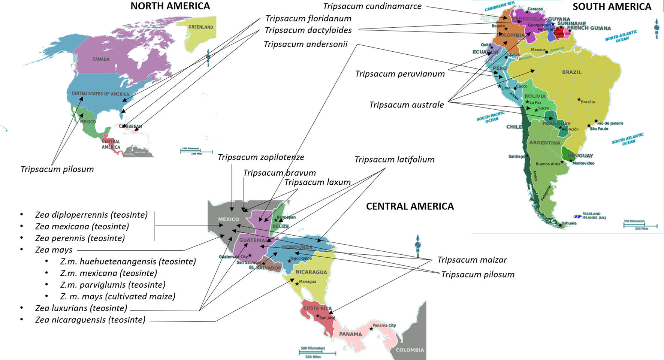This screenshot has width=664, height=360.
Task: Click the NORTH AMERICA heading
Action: click(170, 6)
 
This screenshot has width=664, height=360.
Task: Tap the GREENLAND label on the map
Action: click(201, 27)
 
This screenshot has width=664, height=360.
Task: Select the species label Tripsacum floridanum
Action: click(308, 18)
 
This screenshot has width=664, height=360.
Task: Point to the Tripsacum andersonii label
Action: click(305, 44)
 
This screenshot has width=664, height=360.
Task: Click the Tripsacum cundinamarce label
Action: click(372, 6)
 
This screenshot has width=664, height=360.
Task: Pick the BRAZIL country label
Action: click(572, 72)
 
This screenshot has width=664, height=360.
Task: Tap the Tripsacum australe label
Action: click(407, 105)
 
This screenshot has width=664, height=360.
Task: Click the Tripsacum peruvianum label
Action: click(400, 74)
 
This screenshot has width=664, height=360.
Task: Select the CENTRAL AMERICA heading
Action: click(410, 206)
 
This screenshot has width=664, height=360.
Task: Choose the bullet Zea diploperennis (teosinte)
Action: click(91, 215)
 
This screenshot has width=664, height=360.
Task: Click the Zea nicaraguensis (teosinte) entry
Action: click(90, 320)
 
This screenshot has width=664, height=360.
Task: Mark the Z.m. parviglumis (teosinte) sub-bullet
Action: click(112, 285)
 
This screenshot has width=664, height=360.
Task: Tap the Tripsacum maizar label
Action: click(472, 260)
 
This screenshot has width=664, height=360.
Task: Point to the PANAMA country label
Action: click(350, 334)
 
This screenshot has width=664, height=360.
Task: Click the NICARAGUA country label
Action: click(311, 272)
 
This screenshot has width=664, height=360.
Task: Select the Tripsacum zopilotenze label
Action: click(261, 157)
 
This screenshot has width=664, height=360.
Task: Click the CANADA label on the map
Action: click(101, 59)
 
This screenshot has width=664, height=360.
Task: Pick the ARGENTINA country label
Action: click(544, 143)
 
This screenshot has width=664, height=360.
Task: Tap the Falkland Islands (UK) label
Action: click(594, 216)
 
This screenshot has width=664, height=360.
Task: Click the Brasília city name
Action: click(588, 102)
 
